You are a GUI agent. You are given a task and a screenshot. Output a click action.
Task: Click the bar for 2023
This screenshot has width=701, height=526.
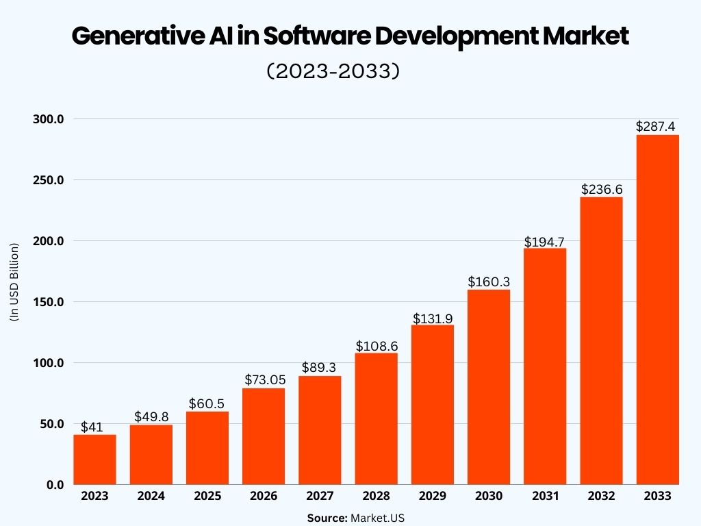(94, 460)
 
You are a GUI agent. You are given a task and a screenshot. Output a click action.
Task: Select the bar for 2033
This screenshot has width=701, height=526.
(657, 310)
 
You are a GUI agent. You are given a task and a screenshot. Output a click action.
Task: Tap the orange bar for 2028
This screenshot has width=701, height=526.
(376, 418)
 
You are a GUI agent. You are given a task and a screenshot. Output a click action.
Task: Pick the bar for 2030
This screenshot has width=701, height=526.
(488, 387)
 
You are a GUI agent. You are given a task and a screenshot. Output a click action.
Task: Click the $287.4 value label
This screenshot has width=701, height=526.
(656, 126)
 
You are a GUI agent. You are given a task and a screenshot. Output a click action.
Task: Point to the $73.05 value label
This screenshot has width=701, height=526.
(264, 379)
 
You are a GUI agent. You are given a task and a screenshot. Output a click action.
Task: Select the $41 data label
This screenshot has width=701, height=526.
(92, 427)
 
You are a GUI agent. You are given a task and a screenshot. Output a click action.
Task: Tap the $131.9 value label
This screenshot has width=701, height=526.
(432, 318)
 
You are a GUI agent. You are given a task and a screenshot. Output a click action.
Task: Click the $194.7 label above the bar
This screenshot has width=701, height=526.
(544, 241)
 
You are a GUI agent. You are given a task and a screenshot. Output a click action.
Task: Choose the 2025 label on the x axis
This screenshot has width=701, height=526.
(207, 496)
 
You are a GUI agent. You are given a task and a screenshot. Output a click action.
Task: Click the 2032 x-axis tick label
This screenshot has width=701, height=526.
(601, 496)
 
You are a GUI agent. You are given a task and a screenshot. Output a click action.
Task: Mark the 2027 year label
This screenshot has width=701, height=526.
(320, 496)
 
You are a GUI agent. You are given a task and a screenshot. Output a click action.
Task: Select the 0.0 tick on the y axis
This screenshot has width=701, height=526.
(55, 484)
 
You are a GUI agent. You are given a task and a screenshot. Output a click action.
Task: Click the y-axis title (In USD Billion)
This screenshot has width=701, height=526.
(14, 281)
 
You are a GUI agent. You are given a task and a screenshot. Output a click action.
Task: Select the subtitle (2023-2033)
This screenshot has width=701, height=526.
(333, 71)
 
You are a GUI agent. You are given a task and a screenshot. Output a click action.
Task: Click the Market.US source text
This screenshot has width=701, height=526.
(377, 518)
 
